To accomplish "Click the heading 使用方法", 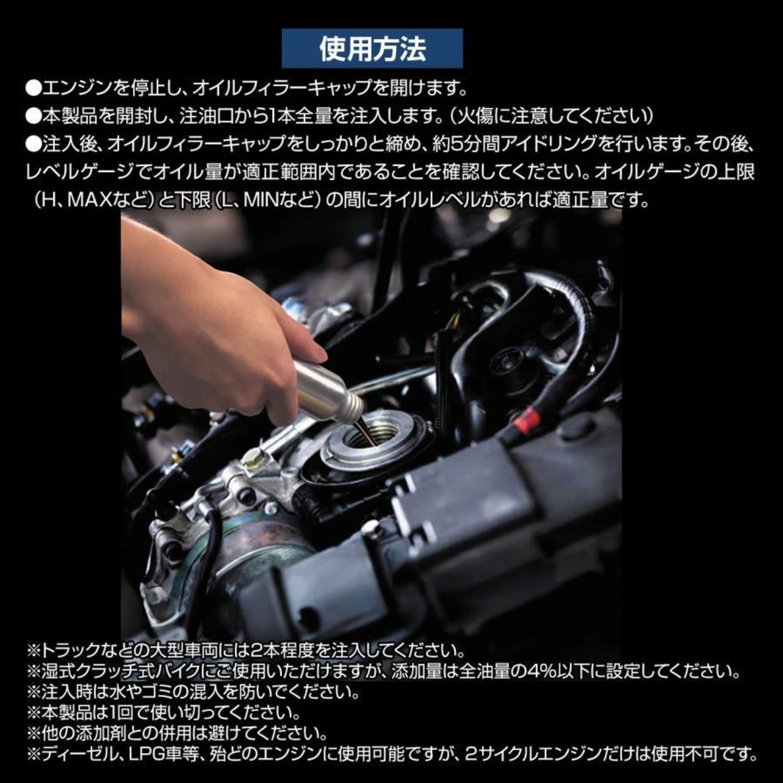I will (x=372, y=48).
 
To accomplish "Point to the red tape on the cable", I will (x=527, y=420).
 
